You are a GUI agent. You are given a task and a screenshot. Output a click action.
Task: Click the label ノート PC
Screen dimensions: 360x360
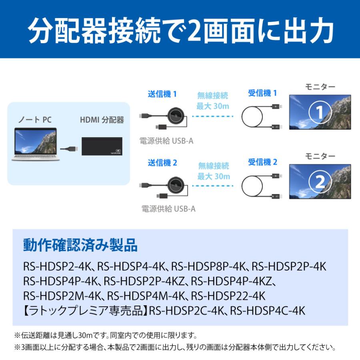pos(35,120)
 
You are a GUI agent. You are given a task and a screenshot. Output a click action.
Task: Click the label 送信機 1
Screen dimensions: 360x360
pos(162,94)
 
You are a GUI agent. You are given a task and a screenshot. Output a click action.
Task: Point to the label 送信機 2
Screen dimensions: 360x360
pos(162,163)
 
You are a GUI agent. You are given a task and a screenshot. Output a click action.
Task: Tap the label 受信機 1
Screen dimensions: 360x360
pos(262,93)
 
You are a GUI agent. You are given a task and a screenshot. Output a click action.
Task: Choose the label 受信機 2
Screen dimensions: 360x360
pos(262,162)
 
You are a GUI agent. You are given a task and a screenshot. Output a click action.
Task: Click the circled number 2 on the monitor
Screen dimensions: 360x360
pos(320,182)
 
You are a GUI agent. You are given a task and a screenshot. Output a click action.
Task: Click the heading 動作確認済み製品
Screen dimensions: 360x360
pos(80,245)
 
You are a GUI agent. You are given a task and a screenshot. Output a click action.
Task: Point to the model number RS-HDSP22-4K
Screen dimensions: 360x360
pos(228,296)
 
